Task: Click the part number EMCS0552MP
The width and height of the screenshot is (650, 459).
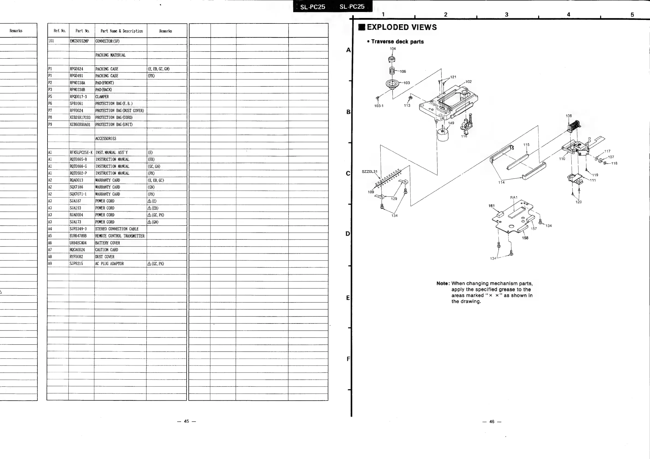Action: [79, 41]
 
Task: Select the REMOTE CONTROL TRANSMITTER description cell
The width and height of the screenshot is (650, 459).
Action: [120, 236]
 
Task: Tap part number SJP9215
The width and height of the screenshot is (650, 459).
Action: [76, 263]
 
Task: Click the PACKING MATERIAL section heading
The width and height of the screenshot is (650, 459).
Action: [110, 55]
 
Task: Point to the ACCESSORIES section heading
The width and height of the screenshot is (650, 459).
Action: [106, 139]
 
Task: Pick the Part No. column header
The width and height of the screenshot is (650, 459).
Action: [82, 31]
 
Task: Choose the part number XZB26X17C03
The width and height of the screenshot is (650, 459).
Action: [80, 117]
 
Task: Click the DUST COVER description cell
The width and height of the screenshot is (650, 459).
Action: [105, 257]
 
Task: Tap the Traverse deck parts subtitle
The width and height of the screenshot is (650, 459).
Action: [397, 41]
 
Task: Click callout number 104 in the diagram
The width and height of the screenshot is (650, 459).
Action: [393, 49]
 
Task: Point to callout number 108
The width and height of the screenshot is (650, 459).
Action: [568, 116]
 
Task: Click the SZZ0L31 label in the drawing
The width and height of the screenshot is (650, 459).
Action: [369, 171]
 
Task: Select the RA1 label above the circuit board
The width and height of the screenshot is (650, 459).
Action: [514, 197]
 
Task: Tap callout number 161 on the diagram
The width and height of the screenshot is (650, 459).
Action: [491, 206]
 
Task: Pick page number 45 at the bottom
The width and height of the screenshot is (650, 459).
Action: [186, 421]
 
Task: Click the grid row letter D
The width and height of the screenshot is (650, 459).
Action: [348, 234]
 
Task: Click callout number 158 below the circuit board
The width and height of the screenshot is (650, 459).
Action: [525, 238]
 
